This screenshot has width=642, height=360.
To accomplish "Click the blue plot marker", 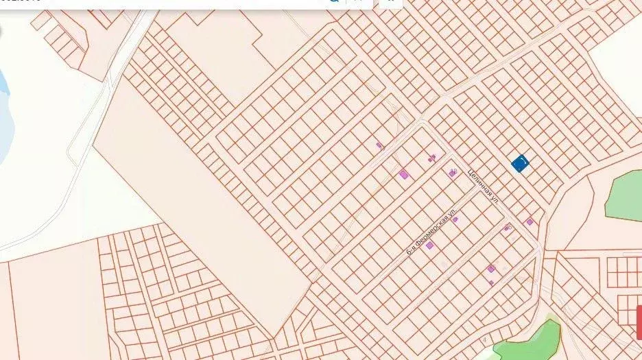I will coord(521,164).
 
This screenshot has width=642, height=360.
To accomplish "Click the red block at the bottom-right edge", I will coord(638,322).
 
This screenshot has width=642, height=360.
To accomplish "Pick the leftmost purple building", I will coord(379,145).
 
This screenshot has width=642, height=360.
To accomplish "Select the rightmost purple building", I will coord(530,221).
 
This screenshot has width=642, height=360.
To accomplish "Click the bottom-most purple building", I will coord(491,283).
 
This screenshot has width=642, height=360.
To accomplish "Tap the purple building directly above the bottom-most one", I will coord(491,268).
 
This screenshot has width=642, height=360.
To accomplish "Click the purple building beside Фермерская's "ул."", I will coord(454,219).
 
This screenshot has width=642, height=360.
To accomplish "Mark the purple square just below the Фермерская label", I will coord(429,245).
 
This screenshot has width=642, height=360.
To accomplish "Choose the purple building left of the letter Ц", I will coord(452,173).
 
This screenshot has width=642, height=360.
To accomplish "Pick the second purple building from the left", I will coord(403,175).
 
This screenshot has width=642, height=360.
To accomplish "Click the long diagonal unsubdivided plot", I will coord(206,219).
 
